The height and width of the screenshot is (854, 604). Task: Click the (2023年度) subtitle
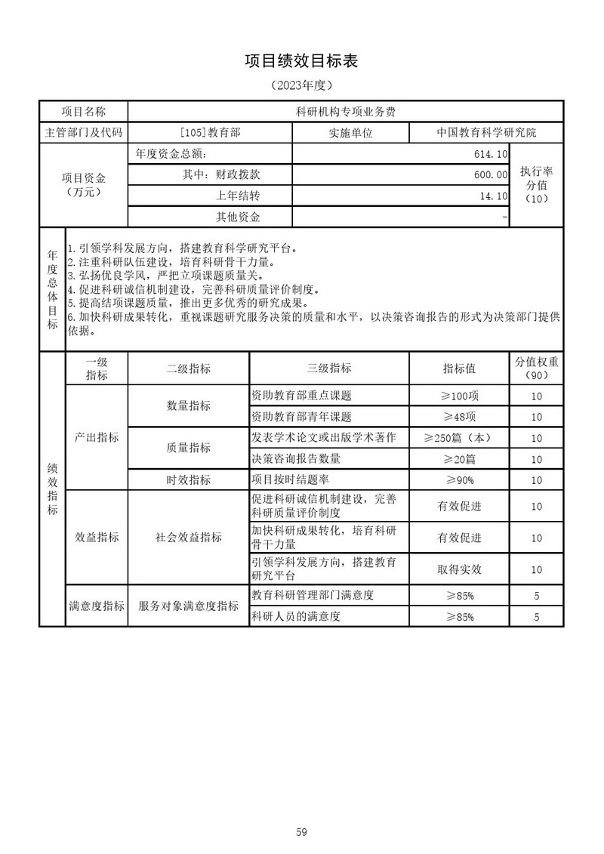(x=301, y=85)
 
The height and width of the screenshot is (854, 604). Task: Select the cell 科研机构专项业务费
(x=345, y=111)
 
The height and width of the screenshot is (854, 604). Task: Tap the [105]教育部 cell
(x=211, y=132)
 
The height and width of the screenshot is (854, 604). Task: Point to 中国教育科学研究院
(x=486, y=132)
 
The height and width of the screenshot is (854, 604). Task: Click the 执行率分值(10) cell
(x=536, y=185)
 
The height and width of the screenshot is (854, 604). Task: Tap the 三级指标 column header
(x=328, y=368)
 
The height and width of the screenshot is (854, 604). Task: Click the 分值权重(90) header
(x=536, y=368)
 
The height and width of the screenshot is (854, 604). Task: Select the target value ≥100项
(x=459, y=396)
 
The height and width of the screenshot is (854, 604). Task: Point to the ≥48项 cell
(x=459, y=417)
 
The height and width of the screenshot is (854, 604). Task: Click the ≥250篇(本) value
(x=459, y=438)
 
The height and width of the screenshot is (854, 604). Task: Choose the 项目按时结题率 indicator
(x=291, y=479)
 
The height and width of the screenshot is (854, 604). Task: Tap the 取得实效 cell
(x=459, y=569)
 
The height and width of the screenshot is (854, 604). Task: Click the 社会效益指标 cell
(x=189, y=538)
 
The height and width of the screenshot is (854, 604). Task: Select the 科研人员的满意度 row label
(x=296, y=617)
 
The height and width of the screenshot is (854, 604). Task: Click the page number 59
(x=301, y=812)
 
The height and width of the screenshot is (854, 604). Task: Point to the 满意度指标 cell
(x=97, y=606)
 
